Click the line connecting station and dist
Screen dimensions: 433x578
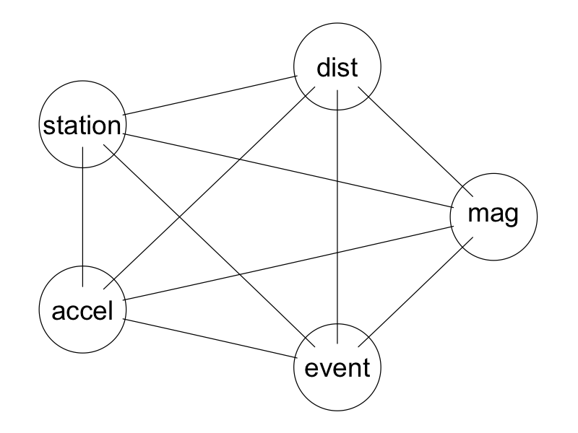click(210, 95)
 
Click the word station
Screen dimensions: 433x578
click(81, 126)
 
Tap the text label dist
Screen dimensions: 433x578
click(337, 68)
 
